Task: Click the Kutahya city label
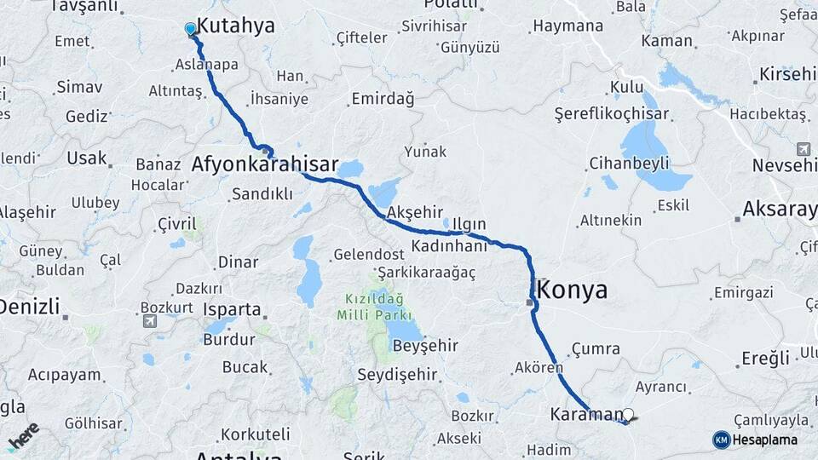236,26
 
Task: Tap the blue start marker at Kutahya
190,29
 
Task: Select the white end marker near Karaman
629,415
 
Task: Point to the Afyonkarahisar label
265,164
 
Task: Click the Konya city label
573,290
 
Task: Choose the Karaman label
587,415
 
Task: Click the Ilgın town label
469,224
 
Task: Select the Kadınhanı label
448,245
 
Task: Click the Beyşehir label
425,345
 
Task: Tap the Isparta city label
232,309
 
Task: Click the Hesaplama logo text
764,440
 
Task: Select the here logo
24,435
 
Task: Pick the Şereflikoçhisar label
610,113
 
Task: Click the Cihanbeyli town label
629,162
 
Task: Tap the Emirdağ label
383,100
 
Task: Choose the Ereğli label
765,358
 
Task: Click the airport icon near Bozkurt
151,321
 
